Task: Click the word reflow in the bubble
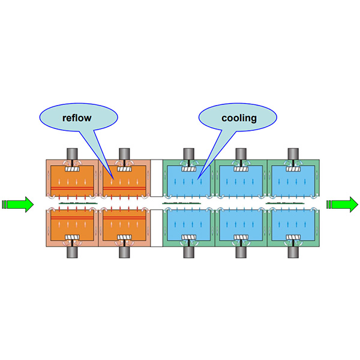pos(77,118)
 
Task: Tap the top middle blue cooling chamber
pos(240,180)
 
